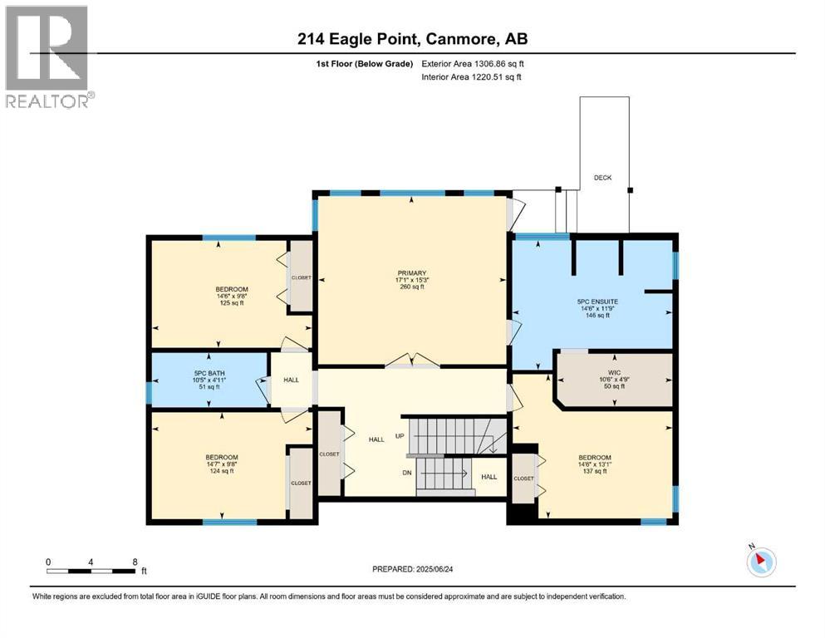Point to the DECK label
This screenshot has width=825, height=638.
(602, 177)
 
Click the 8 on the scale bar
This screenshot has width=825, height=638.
(135, 561)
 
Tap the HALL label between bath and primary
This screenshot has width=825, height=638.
(292, 379)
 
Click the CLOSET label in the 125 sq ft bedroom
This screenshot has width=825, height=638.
(301, 277)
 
